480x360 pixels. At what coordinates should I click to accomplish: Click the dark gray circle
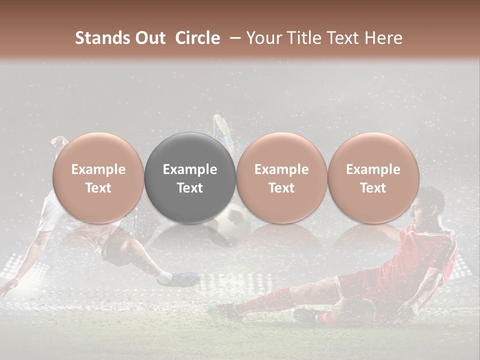(x=190, y=177)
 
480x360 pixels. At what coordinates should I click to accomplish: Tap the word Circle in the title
(x=197, y=38)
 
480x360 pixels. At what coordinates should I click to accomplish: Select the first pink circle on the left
(x=98, y=177)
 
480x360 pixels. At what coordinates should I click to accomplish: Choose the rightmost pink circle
(x=373, y=177)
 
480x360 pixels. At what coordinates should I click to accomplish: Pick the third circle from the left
(x=281, y=177)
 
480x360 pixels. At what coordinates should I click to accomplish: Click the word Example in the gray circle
(x=190, y=169)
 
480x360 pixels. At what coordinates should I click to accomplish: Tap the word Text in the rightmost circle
(x=373, y=188)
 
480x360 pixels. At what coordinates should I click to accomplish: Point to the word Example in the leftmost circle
(x=98, y=169)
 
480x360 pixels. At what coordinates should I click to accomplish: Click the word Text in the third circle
(x=281, y=188)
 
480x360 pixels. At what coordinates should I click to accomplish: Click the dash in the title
(x=233, y=38)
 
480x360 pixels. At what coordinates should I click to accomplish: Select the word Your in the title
(x=263, y=38)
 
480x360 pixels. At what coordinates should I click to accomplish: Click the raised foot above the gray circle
(x=221, y=127)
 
